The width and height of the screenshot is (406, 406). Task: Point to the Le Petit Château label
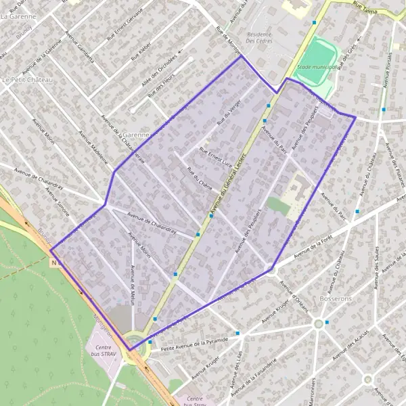28,79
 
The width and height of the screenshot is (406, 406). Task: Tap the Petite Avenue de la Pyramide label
196,341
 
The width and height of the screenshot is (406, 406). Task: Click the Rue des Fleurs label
160,89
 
